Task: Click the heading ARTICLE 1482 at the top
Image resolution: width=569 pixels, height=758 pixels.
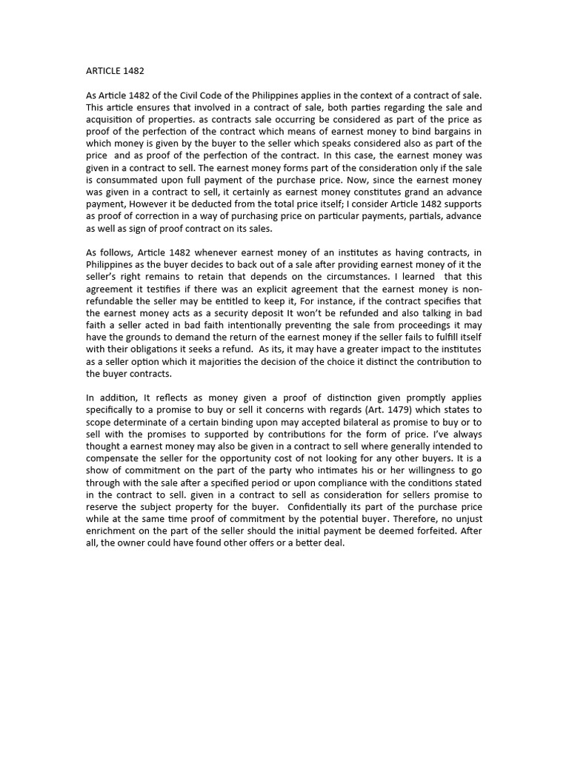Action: click(x=116, y=71)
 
